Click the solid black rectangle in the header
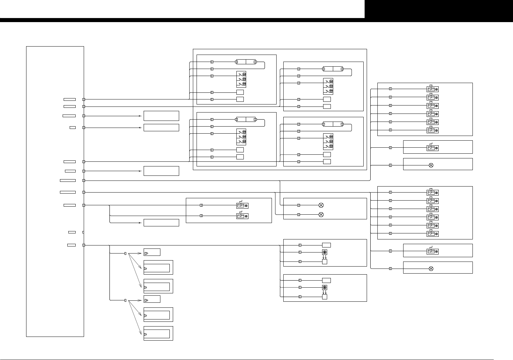[x=439, y=9]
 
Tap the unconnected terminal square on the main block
[x=83, y=232]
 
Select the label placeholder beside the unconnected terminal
[x=72, y=232]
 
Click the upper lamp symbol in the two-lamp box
[x=321, y=205]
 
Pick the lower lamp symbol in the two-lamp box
[x=321, y=214]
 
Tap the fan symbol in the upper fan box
[x=324, y=252]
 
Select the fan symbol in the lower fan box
[x=324, y=287]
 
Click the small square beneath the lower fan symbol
[x=324, y=297]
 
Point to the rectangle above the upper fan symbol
[x=326, y=245]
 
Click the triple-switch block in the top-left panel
[x=241, y=79]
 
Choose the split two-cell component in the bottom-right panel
[x=333, y=124]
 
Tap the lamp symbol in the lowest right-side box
[x=431, y=269]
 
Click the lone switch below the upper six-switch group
[x=432, y=148]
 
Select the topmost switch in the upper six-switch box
[x=432, y=89]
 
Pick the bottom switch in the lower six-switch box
[x=432, y=233]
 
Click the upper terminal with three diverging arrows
[x=126, y=254]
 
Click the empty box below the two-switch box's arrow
[x=161, y=223]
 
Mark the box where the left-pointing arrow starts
[x=161, y=128]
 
